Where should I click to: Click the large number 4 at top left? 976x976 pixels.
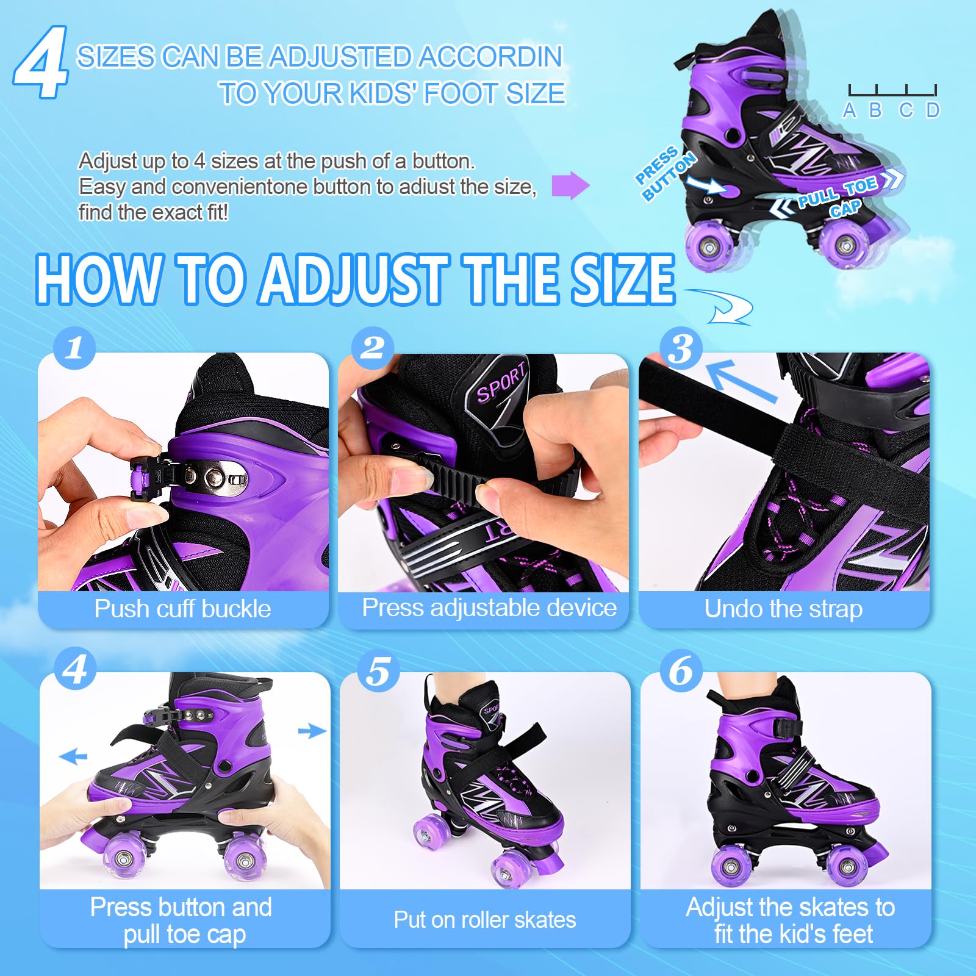click(41, 62)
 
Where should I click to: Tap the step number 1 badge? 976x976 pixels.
click(74, 348)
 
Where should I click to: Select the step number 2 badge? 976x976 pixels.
click(373, 348)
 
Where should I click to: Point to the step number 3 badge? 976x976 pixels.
click(681, 349)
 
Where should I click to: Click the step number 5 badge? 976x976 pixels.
click(378, 671)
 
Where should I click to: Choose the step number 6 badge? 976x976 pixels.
click(681, 671)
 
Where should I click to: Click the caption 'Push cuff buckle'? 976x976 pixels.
click(182, 609)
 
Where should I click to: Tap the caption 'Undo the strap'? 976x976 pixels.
click(783, 609)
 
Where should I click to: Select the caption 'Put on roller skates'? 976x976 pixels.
click(485, 919)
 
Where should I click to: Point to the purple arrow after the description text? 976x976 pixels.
click(570, 185)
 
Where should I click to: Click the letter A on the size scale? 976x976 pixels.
click(849, 110)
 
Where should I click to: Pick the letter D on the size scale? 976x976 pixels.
click(933, 110)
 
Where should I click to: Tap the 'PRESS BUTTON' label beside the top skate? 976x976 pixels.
click(665, 173)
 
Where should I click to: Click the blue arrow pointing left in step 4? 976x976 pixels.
click(73, 757)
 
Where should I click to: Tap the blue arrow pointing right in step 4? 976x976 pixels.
click(312, 730)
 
